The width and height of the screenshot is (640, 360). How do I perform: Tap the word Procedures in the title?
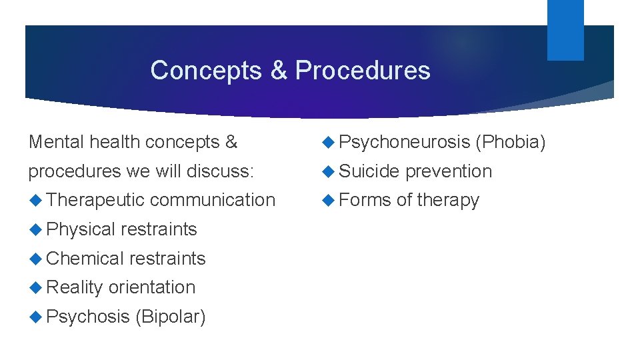click(x=363, y=71)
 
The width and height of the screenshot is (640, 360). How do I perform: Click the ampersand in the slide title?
click(x=278, y=71)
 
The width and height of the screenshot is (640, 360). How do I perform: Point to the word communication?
click(x=213, y=200)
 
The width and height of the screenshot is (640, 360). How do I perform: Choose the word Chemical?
click(x=85, y=259)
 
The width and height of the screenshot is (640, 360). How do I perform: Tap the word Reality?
click(x=75, y=287)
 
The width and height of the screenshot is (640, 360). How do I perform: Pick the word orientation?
click(x=152, y=287)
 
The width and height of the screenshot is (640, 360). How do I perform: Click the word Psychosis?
click(x=88, y=317)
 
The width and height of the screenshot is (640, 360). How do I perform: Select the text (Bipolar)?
click(x=170, y=317)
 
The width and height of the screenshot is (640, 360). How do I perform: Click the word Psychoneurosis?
click(x=405, y=142)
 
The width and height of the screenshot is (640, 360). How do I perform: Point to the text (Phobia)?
click(x=511, y=142)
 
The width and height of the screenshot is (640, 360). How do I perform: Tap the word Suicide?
click(x=369, y=171)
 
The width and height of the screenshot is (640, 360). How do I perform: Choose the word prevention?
click(x=449, y=171)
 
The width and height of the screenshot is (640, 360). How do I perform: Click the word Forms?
click(x=365, y=200)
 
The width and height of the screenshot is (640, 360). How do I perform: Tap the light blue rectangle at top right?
click(x=565, y=29)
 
